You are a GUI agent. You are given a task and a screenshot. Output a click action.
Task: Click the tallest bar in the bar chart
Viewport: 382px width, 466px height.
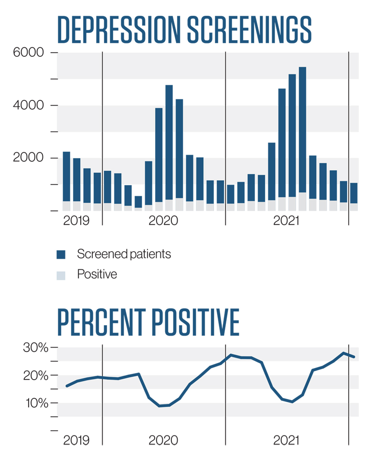pos(302,138)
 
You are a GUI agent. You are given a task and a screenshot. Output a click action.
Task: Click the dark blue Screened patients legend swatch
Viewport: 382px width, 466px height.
pos(61,254)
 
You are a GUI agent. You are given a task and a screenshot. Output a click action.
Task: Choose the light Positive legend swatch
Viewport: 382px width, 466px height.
pos(61,275)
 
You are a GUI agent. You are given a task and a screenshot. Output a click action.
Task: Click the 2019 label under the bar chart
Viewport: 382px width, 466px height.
pos(76,221)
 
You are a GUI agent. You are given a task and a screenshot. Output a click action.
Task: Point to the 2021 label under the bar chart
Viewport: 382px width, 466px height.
pos(286,221)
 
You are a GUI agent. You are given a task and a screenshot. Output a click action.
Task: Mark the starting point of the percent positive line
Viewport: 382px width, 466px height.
pos(67,386)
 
